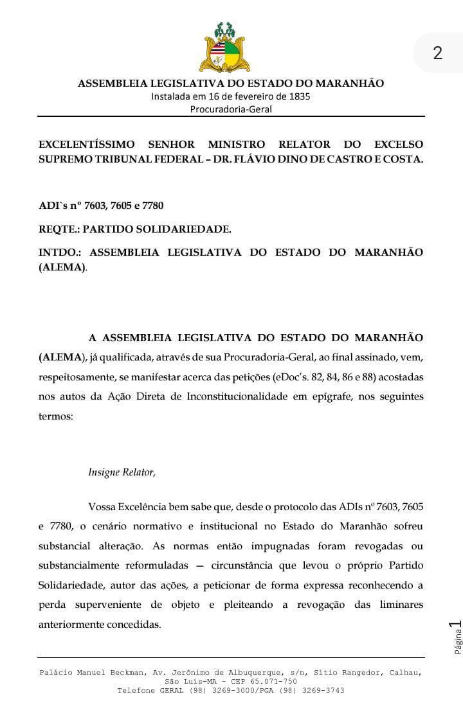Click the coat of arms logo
click(x=225, y=48)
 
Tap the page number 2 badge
click(x=438, y=53)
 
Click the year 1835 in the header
click(x=298, y=96)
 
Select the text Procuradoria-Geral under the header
click(x=231, y=109)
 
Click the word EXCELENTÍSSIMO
click(x=87, y=144)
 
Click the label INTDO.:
click(x=60, y=252)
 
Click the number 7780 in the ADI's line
click(x=150, y=206)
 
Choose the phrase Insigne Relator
click(x=122, y=472)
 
